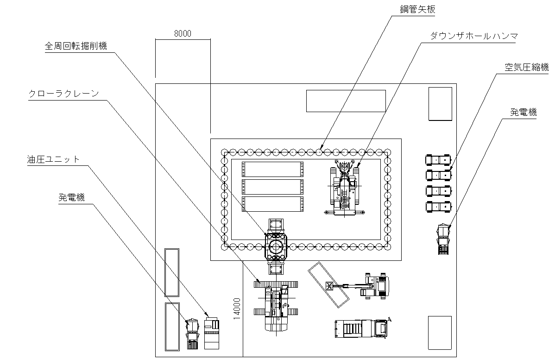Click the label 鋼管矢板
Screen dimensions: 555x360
(x=418, y=10)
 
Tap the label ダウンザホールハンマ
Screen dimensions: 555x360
(x=474, y=36)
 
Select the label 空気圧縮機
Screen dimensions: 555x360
(x=527, y=67)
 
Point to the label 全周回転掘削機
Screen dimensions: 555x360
(x=76, y=46)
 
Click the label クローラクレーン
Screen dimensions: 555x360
(x=64, y=94)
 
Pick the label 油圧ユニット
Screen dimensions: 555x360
(x=53, y=159)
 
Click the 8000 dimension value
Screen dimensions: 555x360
(x=183, y=34)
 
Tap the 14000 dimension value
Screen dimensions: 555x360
(x=237, y=309)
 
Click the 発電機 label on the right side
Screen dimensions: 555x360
(x=523, y=113)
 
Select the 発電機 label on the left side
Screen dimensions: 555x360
(x=71, y=197)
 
